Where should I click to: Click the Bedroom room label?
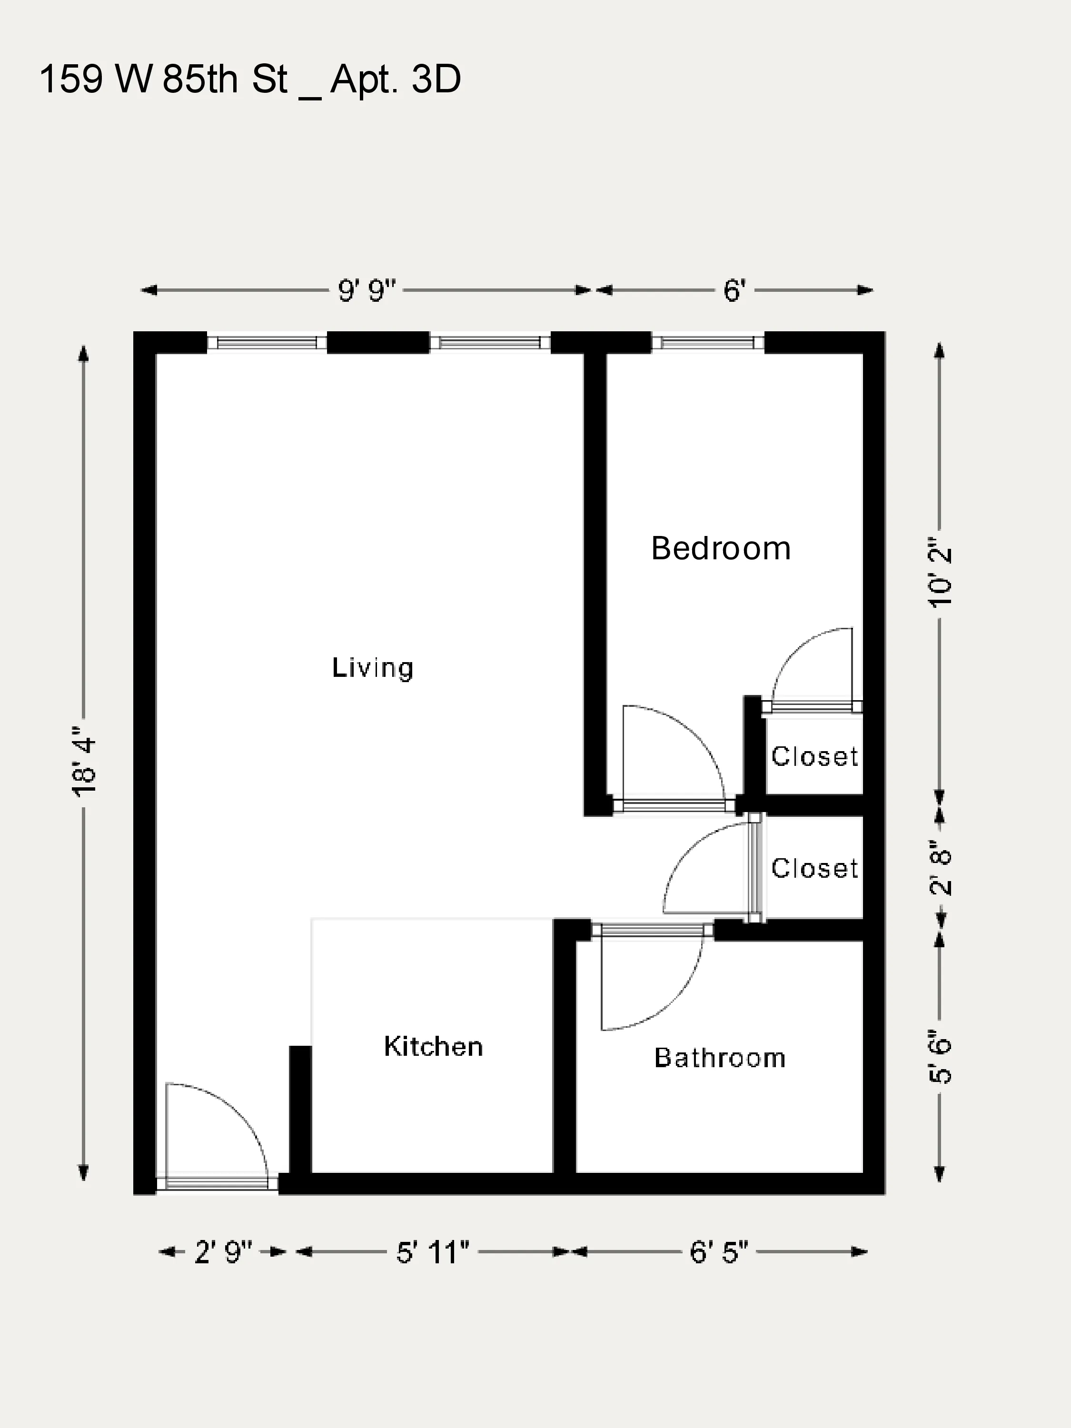pyautogui.click(x=721, y=549)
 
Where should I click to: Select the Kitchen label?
pyautogui.click(x=433, y=1046)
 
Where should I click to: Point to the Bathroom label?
pyautogui.click(x=720, y=1058)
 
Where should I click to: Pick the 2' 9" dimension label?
pyautogui.click(x=223, y=1252)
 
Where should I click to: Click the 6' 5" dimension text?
pyautogui.click(x=718, y=1252)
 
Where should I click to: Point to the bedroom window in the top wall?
pyautogui.click(x=707, y=342)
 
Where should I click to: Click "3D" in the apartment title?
pyautogui.click(x=436, y=79)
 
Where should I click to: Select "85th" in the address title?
pyautogui.click(x=200, y=79)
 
